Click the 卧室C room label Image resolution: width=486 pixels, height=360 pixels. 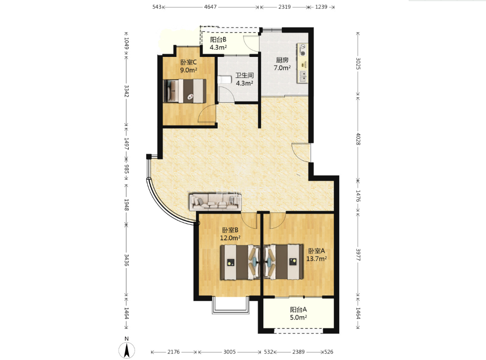click(189, 62)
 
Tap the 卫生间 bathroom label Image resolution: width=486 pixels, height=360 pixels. click(244, 75)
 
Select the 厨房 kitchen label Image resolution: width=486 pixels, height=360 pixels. click(282, 60)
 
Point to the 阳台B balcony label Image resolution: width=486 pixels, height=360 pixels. click(218, 40)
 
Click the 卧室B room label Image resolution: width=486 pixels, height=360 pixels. click(230, 230)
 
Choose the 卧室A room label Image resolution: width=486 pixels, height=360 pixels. click(316, 251)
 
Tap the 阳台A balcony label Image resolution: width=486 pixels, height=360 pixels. click(298, 310)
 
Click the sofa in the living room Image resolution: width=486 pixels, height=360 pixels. click(215, 201)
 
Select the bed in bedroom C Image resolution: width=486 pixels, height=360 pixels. click(185, 90)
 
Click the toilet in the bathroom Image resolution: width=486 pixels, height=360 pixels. click(225, 80)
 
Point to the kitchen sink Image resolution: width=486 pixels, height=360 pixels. click(302, 75)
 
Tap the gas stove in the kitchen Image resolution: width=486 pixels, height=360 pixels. click(302, 50)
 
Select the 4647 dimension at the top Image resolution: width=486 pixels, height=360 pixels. click(210, 7)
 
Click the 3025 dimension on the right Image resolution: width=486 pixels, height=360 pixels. click(358, 64)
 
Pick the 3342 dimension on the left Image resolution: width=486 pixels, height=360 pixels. click(126, 90)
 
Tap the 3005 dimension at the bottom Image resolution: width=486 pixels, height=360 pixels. click(229, 352)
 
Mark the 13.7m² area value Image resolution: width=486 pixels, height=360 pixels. click(316, 259)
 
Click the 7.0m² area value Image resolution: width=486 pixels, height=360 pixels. click(282, 68)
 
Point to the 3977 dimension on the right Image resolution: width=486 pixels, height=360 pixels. click(358, 254)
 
